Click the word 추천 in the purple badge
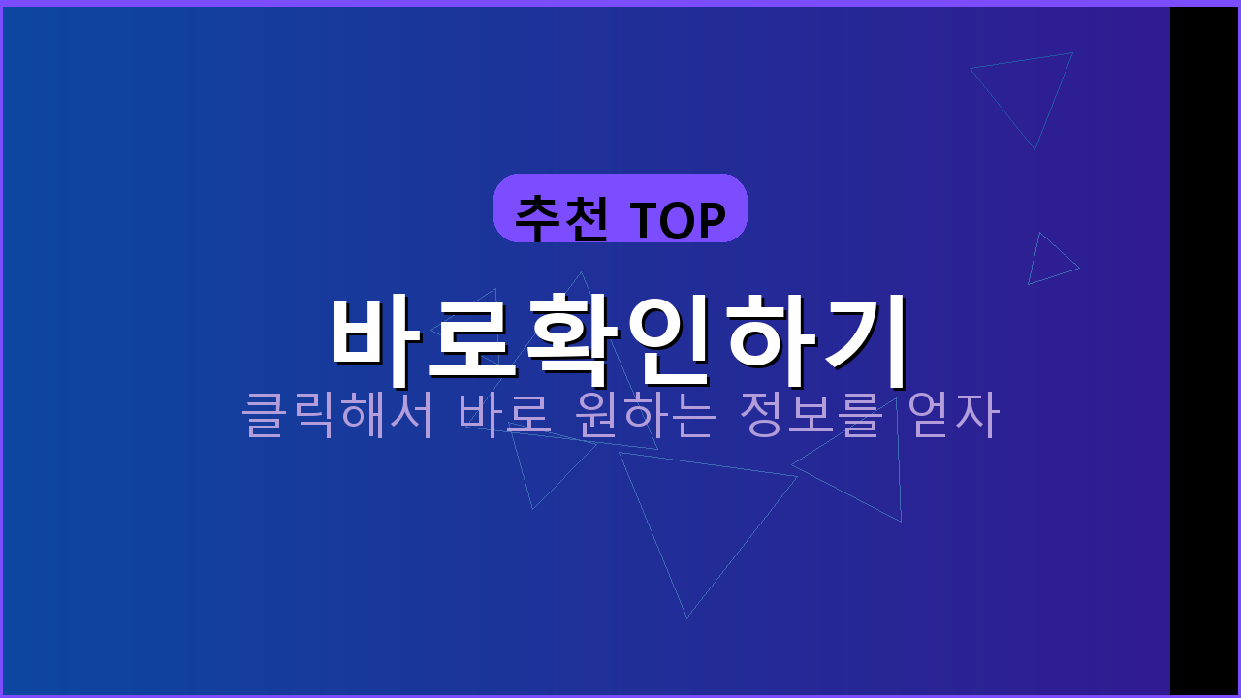[561, 219]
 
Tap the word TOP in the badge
[679, 221]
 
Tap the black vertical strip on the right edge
[1204, 349]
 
